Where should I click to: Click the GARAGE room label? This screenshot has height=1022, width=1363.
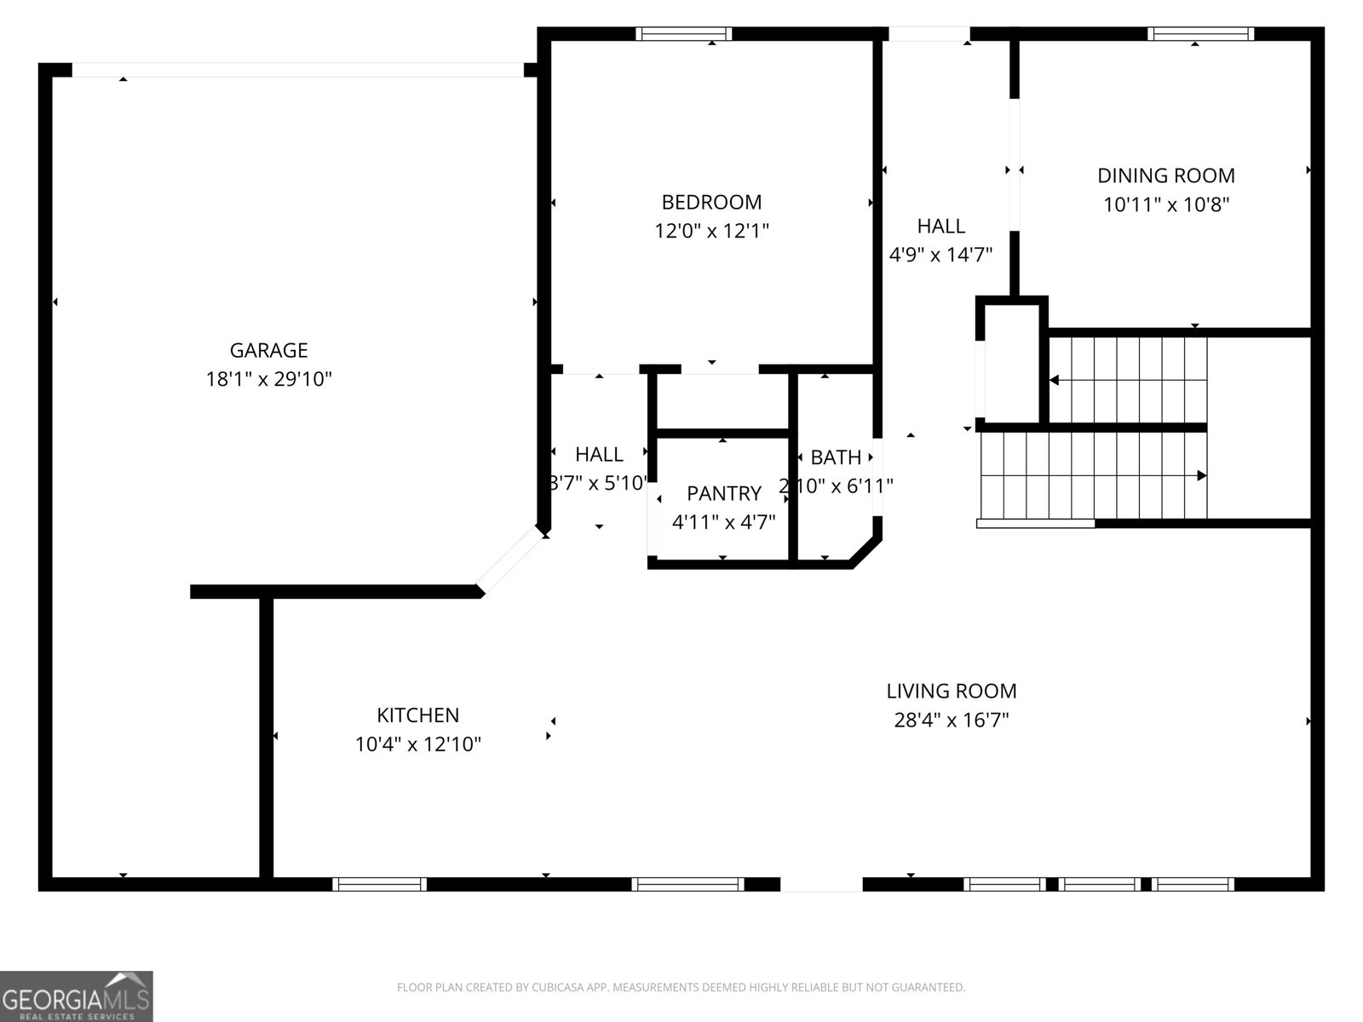pos(268,350)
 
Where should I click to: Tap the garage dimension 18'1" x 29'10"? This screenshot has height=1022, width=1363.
pos(268,379)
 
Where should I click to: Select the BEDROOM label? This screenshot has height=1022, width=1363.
pos(711,202)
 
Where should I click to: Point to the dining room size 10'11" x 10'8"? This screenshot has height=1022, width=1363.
pos(1165,204)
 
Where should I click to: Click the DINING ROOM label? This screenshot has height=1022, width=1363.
pos(1165,175)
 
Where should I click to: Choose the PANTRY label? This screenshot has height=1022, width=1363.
pos(723,493)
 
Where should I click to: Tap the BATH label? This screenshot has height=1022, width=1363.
pos(836,457)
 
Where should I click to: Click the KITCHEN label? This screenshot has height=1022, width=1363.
pos(417,715)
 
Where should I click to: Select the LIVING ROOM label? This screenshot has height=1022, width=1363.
pos(951,691)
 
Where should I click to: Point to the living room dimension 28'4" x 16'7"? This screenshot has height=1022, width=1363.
pos(951,721)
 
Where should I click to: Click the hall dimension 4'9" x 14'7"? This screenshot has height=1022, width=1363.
pos(940,255)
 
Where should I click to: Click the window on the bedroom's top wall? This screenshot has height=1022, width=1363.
pos(683,34)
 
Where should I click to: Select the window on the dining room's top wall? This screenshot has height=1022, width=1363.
pos(1199,34)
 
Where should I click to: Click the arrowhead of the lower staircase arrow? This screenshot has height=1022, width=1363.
pos(1202,475)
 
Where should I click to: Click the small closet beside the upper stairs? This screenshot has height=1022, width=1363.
pos(1011,362)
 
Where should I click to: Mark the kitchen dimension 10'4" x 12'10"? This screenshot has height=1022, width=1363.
pos(417,744)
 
